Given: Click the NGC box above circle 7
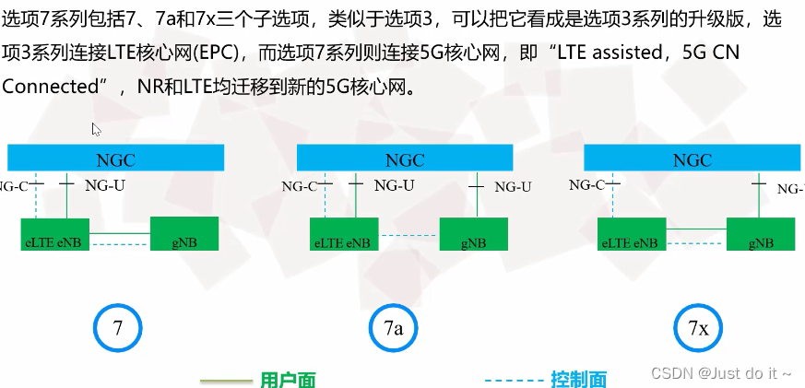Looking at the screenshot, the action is click(115, 159).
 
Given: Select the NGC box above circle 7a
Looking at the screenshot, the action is click(405, 159).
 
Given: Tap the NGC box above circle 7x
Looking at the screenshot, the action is click(692, 159).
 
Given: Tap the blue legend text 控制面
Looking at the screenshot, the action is click(578, 379).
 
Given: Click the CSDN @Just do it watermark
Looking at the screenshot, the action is click(721, 373).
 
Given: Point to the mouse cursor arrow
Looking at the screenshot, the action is click(95, 129).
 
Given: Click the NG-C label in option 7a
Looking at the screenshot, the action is click(300, 187).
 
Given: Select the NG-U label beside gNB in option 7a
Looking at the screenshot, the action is click(513, 187).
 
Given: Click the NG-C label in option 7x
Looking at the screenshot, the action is click(586, 185).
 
